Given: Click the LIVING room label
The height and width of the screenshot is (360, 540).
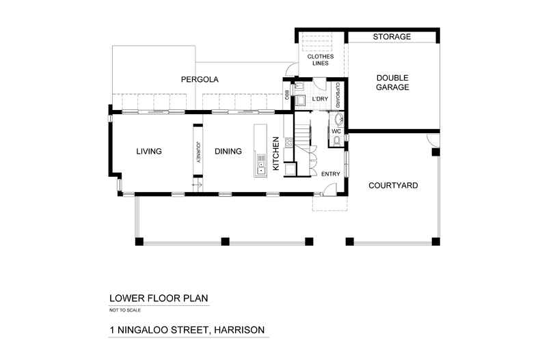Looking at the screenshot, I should tap(148, 152).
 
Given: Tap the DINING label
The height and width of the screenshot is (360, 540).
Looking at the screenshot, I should tap(228, 152).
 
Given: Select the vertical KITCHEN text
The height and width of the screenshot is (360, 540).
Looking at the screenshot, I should tap(276, 153).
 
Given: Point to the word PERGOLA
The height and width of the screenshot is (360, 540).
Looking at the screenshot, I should tap(200, 80).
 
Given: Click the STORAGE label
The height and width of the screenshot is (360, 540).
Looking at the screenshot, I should tap(392, 37).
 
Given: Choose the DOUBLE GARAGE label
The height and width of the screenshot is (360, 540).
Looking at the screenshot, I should tap(392, 83).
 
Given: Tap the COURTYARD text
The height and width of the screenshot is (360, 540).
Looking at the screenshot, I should tap(393, 185).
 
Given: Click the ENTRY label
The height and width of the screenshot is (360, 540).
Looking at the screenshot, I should tap(330, 174).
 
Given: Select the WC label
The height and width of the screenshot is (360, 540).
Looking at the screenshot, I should tap(336, 130).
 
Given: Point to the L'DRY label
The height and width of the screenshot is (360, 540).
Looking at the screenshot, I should tap(320, 100).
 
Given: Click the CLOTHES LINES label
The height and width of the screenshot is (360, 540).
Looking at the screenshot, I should tap(316, 59).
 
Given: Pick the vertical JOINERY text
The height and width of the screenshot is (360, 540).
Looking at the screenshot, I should tap(198, 152).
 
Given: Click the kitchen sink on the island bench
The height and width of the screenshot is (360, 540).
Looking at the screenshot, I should tap(260, 163).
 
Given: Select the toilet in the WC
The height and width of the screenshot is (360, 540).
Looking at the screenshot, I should tap(338, 141).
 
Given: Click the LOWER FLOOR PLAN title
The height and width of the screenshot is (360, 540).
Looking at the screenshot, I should tap(158, 299).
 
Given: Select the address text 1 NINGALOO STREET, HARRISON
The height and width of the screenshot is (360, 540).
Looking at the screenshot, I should tap(187, 330).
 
